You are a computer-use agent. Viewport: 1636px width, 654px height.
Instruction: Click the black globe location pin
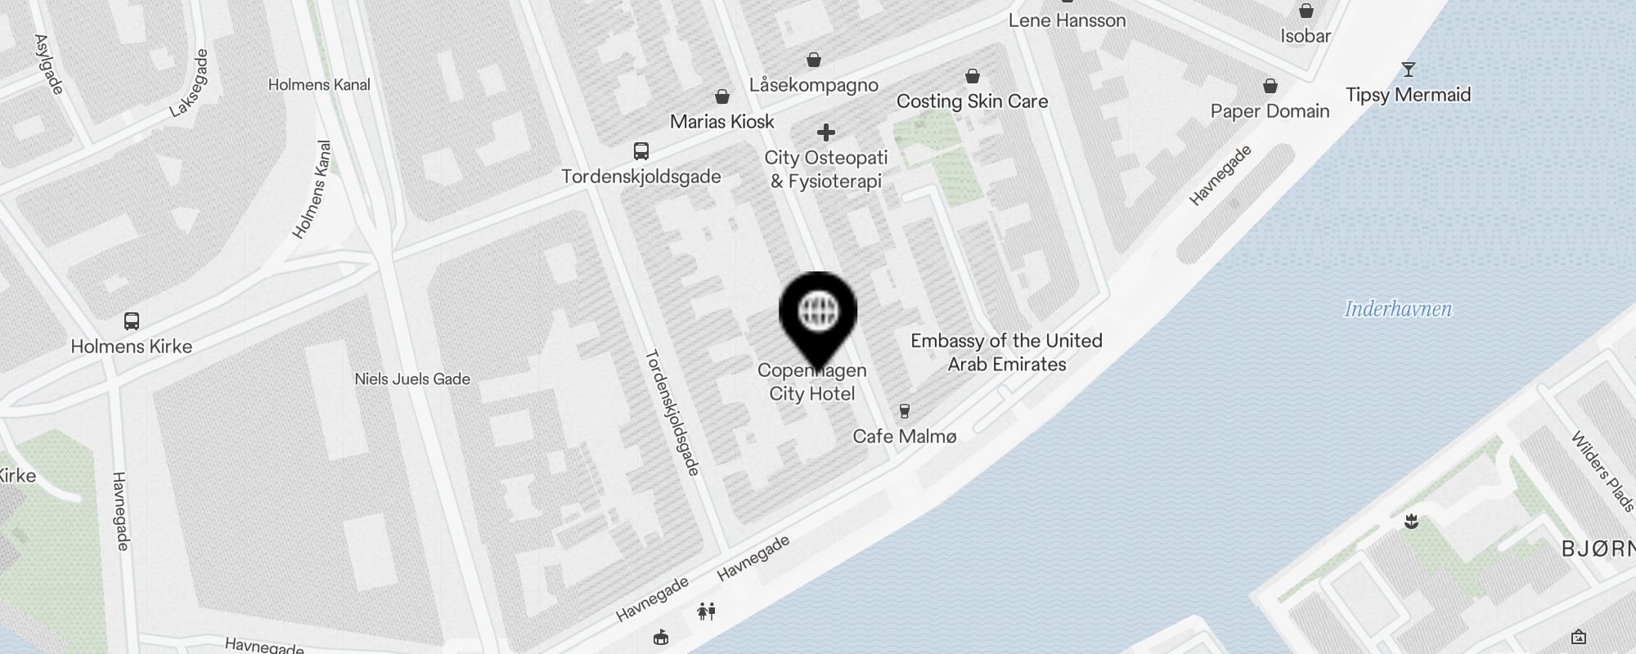[818, 314]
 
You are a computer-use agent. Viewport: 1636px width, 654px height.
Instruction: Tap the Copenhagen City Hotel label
[811, 383]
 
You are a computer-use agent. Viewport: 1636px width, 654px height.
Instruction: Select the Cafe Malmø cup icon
[905, 411]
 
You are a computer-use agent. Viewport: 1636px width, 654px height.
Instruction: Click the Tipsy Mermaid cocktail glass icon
[1408, 69]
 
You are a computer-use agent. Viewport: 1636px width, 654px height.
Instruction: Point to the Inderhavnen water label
[1398, 309]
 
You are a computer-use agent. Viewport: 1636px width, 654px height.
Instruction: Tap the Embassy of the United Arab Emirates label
[1006, 352]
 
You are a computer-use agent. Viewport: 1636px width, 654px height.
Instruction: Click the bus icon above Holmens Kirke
[132, 320]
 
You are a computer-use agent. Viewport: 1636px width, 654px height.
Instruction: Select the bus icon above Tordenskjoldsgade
[641, 151]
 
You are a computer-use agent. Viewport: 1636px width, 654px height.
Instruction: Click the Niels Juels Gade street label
[412, 379]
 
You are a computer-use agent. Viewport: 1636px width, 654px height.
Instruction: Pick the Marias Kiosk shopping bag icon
[722, 97]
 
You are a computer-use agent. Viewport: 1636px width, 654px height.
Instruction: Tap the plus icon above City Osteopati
[826, 132]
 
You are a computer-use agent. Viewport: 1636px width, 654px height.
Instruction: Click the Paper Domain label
[1270, 112]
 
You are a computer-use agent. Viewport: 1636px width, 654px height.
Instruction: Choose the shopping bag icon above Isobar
[1306, 11]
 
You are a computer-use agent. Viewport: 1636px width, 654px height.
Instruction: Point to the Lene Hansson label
[1067, 20]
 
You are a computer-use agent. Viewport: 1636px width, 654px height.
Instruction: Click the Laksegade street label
[189, 83]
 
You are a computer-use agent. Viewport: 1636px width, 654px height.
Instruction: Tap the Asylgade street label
[49, 64]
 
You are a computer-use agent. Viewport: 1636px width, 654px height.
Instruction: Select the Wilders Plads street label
[1602, 471]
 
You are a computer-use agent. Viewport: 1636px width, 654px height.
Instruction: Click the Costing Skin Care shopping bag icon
[973, 76]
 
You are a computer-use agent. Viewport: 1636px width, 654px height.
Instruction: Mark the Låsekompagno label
[814, 85]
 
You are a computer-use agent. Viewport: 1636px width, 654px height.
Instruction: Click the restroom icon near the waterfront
[707, 611]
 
